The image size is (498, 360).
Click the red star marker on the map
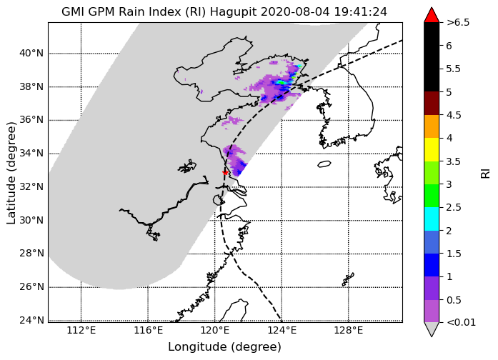225,173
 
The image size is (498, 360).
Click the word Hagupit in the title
234,12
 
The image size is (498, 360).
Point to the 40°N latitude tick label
31,53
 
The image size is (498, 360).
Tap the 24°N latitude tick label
31,320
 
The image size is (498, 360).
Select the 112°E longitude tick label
81,331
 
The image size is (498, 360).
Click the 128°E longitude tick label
349,331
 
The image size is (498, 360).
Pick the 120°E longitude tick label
215,331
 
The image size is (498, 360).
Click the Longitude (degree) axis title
224,347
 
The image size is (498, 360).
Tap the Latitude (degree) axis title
11,173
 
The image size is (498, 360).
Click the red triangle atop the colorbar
432,15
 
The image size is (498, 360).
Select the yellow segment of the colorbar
432,149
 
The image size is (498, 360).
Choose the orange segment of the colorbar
432,126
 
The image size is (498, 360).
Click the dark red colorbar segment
432,103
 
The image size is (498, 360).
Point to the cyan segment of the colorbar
432,219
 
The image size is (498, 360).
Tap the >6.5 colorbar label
458,23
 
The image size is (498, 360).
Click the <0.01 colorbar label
461,323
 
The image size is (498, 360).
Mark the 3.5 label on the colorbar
454,161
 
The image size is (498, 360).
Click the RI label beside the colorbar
486,174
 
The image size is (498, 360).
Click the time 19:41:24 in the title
361,12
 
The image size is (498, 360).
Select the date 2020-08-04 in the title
296,12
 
